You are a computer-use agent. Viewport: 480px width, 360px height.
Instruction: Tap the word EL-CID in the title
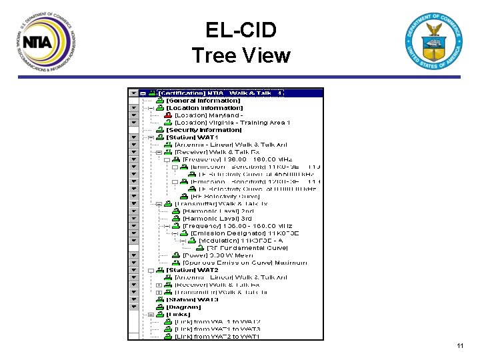tap(241, 30)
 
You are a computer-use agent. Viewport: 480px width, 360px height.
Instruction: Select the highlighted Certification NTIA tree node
tap(220, 93)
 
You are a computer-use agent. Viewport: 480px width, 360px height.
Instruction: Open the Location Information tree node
tap(204, 108)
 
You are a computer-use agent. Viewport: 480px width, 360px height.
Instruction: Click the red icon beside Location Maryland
tap(168, 115)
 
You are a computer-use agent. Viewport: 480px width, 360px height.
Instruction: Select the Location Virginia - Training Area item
tap(232, 123)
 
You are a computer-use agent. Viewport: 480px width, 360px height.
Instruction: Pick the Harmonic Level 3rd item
tap(217, 218)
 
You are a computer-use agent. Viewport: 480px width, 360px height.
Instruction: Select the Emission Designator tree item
tap(245, 233)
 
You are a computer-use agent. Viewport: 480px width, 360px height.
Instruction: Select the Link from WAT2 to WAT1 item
tap(217, 337)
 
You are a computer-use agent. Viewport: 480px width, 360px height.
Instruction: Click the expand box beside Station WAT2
tap(151, 270)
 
